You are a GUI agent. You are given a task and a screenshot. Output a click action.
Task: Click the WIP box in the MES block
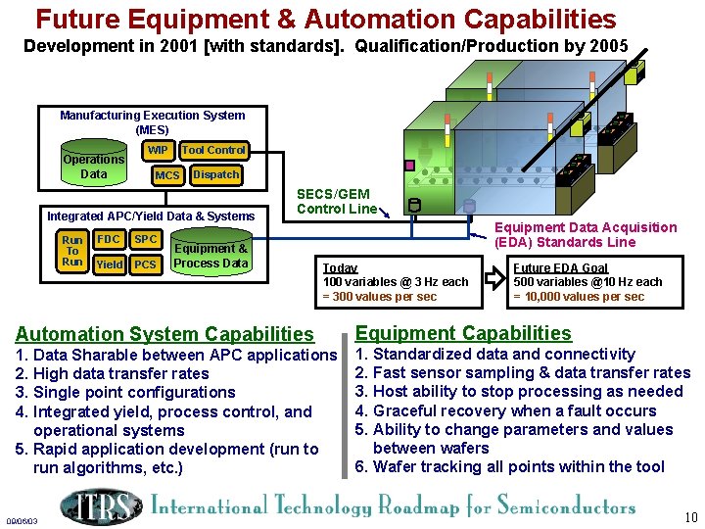(158, 151)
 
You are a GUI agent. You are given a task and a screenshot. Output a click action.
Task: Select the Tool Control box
(213, 150)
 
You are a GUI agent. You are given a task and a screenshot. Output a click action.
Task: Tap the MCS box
(167, 175)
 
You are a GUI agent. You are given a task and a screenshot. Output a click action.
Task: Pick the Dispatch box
(215, 174)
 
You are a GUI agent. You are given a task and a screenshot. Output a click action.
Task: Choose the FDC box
(109, 239)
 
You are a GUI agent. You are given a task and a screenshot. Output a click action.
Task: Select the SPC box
(145, 239)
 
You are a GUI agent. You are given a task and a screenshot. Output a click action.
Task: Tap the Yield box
(110, 264)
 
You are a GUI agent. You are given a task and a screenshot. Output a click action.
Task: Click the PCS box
(145, 264)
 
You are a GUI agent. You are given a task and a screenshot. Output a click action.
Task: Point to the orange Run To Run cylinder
(71, 251)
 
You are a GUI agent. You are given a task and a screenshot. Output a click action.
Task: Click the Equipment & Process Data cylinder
(211, 255)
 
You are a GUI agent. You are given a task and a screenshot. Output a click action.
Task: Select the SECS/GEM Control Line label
(336, 202)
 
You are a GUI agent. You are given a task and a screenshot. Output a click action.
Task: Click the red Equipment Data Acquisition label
(586, 235)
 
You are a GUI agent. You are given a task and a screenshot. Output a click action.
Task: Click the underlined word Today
(340, 267)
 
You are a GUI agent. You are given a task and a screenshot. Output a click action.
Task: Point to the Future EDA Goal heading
(560, 267)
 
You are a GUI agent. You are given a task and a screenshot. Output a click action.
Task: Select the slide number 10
(690, 517)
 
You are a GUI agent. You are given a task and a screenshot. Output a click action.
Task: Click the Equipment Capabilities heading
(462, 333)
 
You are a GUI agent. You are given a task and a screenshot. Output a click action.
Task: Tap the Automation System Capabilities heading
(164, 335)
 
